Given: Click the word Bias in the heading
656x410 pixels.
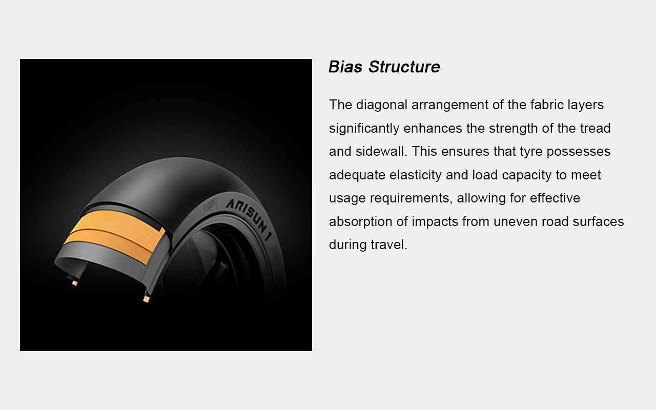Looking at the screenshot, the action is [x=345, y=67].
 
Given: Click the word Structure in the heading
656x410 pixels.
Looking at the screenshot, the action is [x=404, y=67].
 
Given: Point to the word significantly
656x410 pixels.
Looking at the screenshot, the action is [x=364, y=129].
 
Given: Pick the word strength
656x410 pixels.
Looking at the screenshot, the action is [x=513, y=129].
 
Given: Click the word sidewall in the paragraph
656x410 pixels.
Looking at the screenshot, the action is [x=380, y=151].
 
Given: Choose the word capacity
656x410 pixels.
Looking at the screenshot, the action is [x=526, y=175].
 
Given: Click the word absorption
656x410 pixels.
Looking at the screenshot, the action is [x=360, y=222].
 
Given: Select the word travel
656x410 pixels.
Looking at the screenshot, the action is [x=389, y=244].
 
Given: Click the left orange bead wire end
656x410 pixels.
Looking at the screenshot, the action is [x=75, y=283].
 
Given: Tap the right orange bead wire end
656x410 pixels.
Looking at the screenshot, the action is [x=147, y=299].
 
